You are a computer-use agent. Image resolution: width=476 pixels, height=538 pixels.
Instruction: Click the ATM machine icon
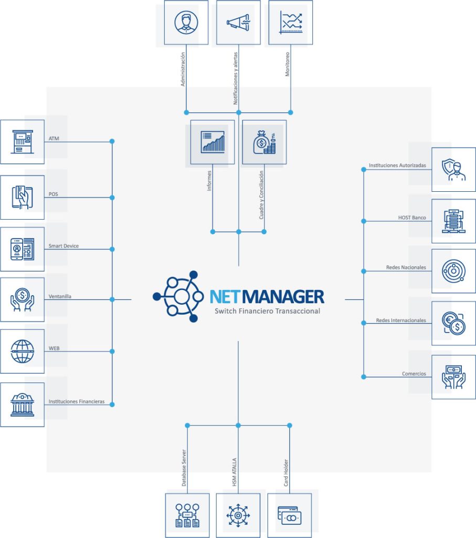tap(22, 142)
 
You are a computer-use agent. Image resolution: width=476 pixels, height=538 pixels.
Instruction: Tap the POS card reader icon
tap(22, 197)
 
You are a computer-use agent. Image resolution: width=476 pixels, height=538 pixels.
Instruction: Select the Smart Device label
tap(64, 246)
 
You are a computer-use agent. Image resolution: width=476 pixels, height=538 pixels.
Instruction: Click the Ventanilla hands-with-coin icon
tap(22, 299)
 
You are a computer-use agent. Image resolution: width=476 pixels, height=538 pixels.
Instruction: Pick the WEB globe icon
tap(22, 351)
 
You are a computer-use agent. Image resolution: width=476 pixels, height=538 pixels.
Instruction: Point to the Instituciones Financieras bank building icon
tap(22, 405)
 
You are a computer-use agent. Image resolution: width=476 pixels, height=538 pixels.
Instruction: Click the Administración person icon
tap(186, 22)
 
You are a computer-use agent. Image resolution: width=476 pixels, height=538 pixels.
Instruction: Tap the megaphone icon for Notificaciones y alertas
tap(238, 22)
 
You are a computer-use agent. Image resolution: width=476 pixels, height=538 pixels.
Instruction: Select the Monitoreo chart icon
tap(290, 22)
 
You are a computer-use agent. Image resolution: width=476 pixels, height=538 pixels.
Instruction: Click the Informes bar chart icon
tap(212, 142)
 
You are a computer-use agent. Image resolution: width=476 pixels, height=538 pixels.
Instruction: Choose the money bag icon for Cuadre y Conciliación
tap(264, 142)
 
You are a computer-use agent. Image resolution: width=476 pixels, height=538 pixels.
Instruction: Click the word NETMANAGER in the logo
tap(267, 296)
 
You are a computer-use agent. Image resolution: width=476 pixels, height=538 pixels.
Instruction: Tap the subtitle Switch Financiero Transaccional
tap(267, 312)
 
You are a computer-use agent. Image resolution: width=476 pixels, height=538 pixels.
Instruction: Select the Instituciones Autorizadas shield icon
tap(453, 169)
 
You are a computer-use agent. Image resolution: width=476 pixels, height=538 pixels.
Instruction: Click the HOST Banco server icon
tap(453, 221)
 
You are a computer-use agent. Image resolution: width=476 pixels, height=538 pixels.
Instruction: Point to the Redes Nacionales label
tap(406, 267)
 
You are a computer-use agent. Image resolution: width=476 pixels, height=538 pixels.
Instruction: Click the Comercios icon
tap(453, 377)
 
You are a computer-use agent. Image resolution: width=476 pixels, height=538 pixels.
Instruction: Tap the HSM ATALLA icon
tap(238, 515)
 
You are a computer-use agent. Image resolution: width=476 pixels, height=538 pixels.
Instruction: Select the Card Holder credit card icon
tap(289, 515)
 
